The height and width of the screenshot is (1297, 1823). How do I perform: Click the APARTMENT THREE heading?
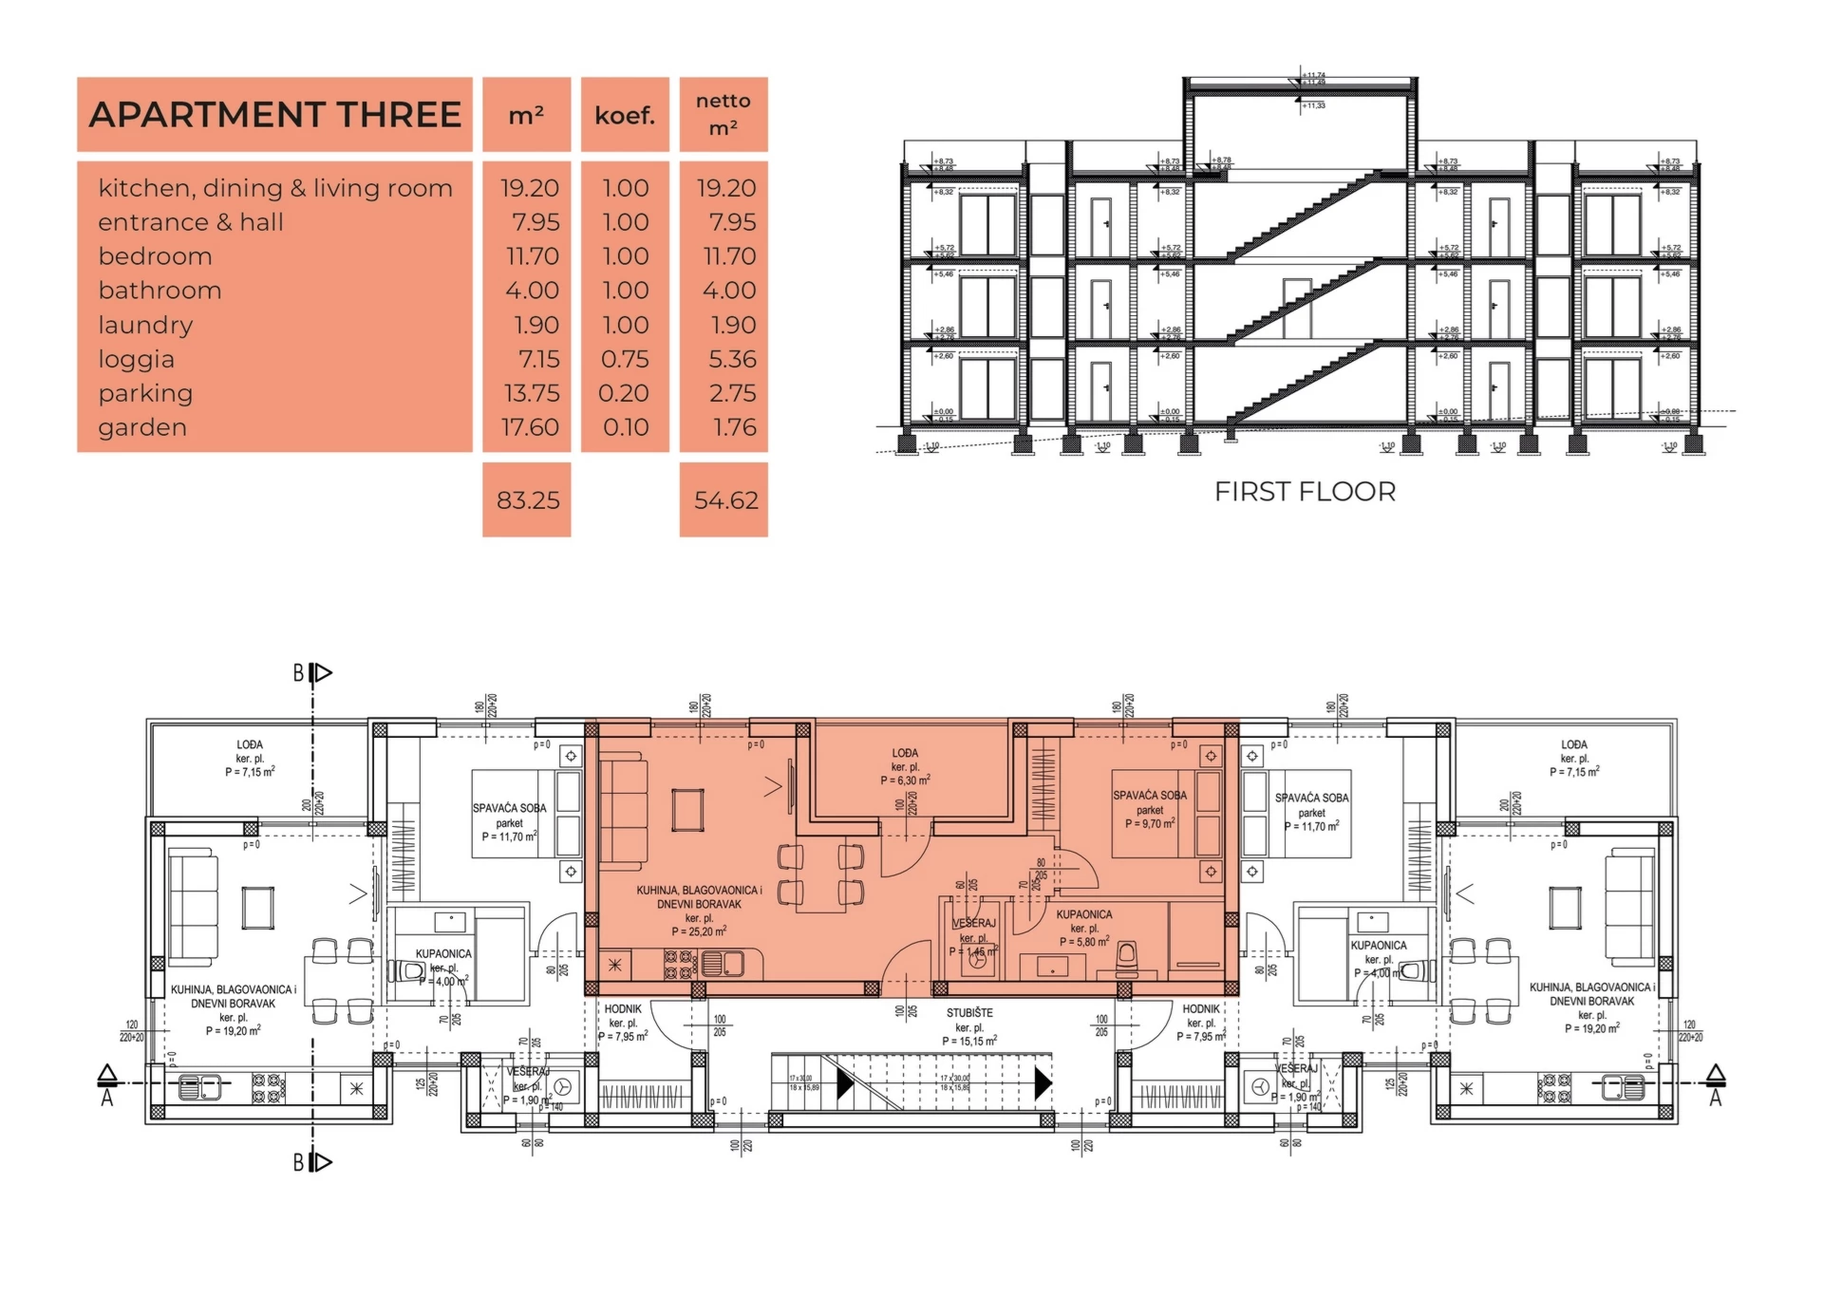tap(274, 115)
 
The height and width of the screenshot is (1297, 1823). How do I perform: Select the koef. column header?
tap(625, 116)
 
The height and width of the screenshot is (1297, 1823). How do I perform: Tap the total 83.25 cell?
tap(527, 500)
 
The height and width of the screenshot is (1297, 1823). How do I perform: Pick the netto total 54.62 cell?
tap(724, 500)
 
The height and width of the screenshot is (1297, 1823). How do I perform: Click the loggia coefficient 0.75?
tap(625, 359)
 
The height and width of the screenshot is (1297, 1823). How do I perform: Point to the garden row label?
tap(142, 427)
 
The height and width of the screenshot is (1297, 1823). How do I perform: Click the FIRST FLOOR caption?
tap(1305, 492)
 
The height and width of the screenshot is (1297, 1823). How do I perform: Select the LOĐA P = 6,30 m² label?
tap(905, 766)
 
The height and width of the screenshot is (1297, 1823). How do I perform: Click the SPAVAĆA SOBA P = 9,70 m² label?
tap(1150, 809)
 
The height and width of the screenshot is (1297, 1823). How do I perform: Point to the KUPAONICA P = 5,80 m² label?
tap(1084, 928)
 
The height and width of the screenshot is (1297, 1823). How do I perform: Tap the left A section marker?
tap(107, 1085)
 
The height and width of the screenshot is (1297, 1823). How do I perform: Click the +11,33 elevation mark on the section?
tap(1314, 105)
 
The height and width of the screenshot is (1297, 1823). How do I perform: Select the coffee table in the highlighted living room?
tap(688, 810)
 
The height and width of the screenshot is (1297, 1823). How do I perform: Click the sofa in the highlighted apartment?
tap(623, 810)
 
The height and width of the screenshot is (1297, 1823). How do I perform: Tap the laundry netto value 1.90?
tap(733, 325)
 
